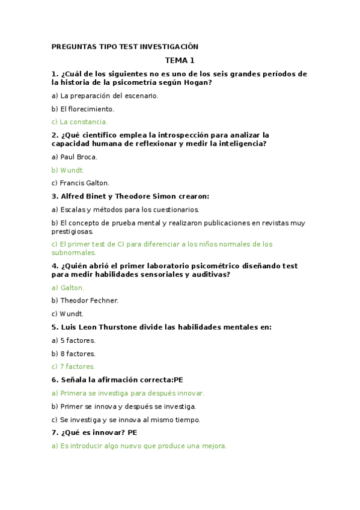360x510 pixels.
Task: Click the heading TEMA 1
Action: click(x=180, y=60)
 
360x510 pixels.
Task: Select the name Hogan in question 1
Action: click(x=197, y=83)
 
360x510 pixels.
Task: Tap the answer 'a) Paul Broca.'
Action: click(x=75, y=157)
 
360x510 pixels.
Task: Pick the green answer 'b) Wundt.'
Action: click(x=68, y=170)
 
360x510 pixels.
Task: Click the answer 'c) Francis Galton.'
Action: click(x=81, y=183)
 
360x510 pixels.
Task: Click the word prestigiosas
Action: click(x=73, y=232)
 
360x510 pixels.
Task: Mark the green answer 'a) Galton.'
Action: click(x=68, y=287)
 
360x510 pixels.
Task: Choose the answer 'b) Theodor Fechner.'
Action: click(x=85, y=300)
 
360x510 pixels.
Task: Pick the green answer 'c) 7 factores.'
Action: click(x=73, y=366)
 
